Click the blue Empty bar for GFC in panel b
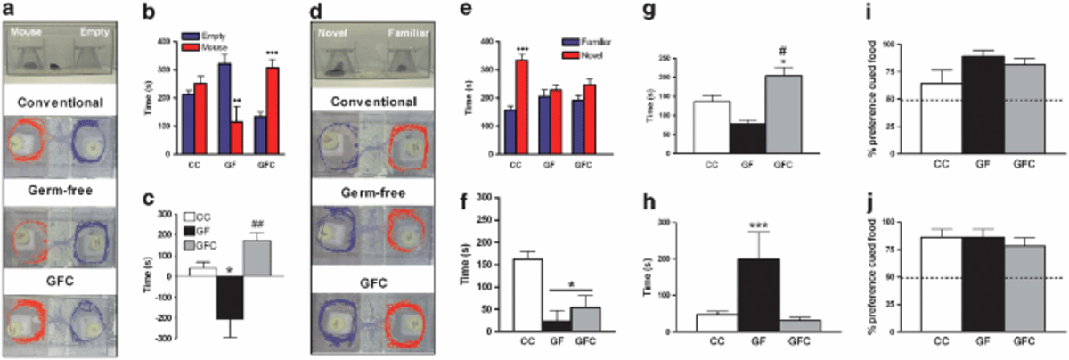[x=260, y=134]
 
